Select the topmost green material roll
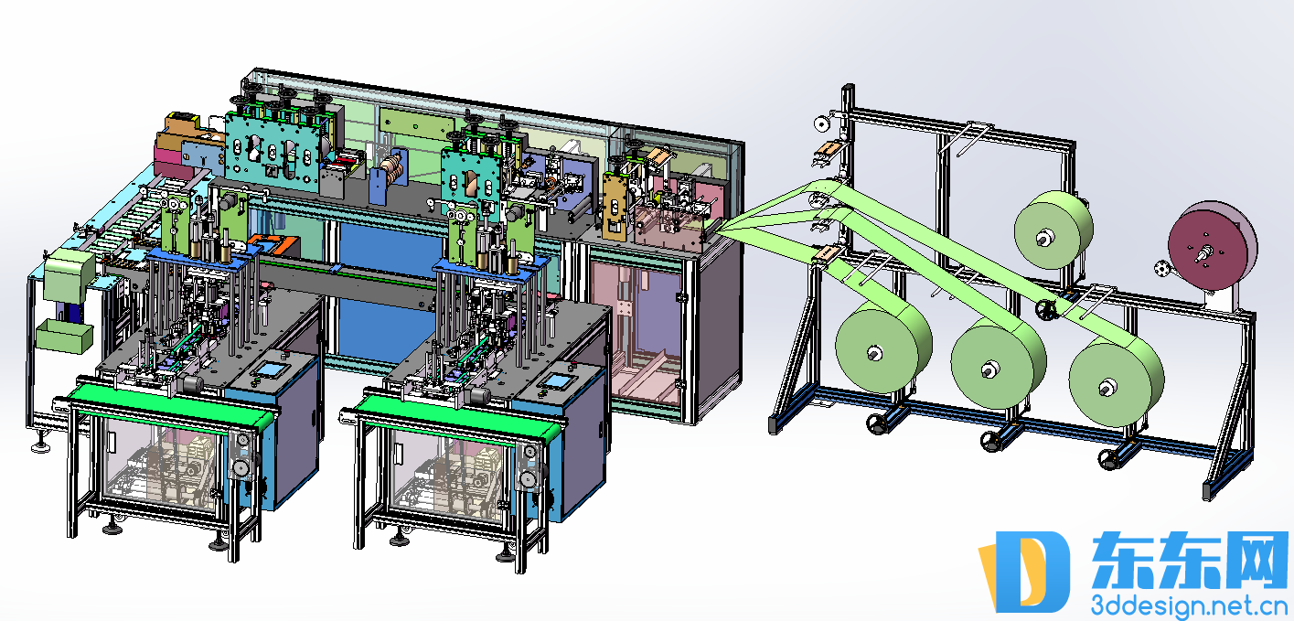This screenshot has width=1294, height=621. (1053, 230)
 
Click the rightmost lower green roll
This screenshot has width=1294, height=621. (1116, 380)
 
